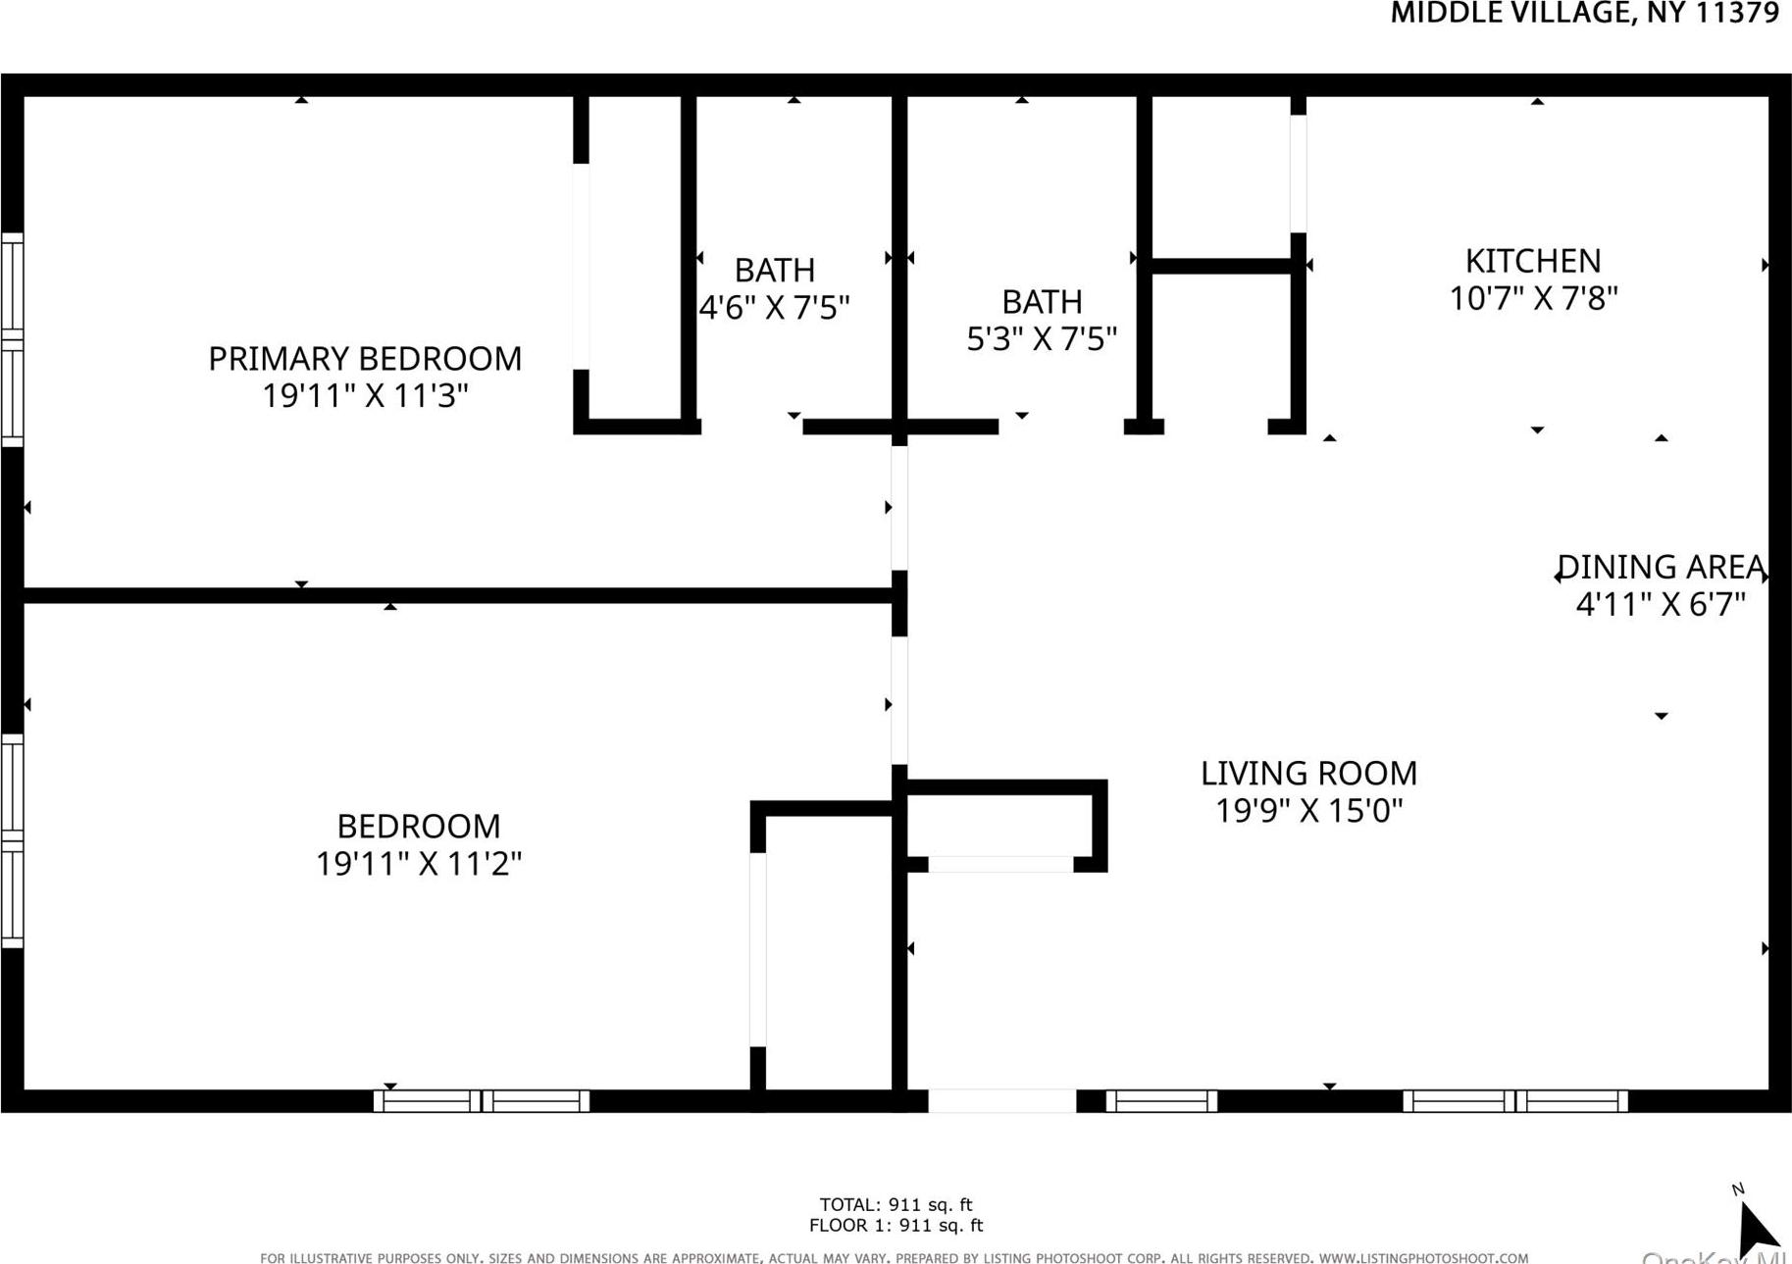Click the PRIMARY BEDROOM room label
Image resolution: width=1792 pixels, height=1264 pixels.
click(x=365, y=359)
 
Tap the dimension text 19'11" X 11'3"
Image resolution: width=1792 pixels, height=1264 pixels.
click(x=365, y=396)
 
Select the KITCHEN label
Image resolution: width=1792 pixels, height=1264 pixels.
click(x=1533, y=261)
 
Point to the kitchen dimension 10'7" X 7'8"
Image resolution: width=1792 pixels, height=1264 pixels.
click(x=1533, y=298)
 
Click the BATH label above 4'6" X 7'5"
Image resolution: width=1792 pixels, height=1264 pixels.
click(x=774, y=270)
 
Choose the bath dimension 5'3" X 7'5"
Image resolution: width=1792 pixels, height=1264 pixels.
click(x=1042, y=339)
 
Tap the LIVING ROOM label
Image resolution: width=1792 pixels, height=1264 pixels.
click(x=1308, y=774)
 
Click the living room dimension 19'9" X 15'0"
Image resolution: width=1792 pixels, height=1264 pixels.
click(x=1308, y=811)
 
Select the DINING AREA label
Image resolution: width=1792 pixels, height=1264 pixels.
click(x=1661, y=567)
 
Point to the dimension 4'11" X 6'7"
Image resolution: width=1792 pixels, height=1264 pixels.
click(x=1661, y=604)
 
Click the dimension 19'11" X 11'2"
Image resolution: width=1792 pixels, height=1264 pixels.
click(x=418, y=864)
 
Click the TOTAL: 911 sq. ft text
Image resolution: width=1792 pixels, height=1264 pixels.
click(x=896, y=1204)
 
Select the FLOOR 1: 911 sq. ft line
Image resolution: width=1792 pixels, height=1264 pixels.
click(x=896, y=1225)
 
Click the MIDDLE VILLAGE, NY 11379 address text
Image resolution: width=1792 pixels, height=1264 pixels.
click(x=1584, y=13)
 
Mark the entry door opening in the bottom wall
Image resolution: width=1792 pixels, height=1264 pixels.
click(x=1001, y=1101)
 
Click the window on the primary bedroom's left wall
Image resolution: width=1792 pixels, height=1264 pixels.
click(x=12, y=339)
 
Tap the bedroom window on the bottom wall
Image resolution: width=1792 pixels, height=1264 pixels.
click(x=482, y=1101)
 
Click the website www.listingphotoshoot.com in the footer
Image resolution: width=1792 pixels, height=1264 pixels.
click(x=1423, y=1257)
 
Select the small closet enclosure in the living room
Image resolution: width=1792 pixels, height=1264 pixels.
click(x=999, y=825)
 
